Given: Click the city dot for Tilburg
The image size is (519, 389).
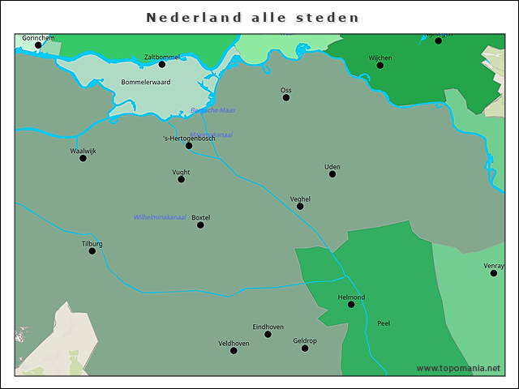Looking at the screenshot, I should (92, 251).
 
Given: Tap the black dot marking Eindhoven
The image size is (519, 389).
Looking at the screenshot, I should (268, 334).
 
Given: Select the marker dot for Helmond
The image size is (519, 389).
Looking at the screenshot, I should (351, 305).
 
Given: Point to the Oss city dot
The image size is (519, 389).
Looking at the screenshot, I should (286, 97).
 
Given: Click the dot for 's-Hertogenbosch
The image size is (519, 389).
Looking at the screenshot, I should (189, 146).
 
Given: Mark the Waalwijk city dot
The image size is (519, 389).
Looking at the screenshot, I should (83, 158).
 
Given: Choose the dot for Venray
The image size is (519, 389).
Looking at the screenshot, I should (493, 273).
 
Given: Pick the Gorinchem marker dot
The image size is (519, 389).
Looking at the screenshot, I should (38, 45).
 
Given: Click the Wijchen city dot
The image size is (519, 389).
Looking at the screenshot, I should (380, 65).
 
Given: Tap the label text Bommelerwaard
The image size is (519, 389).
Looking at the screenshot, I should (145, 82).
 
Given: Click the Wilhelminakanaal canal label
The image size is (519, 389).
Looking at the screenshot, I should (160, 217).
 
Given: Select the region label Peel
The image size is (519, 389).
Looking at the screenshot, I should (384, 323).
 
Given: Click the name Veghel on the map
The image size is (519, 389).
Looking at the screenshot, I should (300, 199).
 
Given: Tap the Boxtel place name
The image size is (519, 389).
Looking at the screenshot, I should (200, 217).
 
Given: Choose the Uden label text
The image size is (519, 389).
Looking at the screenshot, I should (332, 167).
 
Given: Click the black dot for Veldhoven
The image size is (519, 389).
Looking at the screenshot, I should (234, 350).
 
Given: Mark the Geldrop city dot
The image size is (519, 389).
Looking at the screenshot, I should (305, 348).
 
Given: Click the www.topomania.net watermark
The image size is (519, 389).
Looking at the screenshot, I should (458, 368).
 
